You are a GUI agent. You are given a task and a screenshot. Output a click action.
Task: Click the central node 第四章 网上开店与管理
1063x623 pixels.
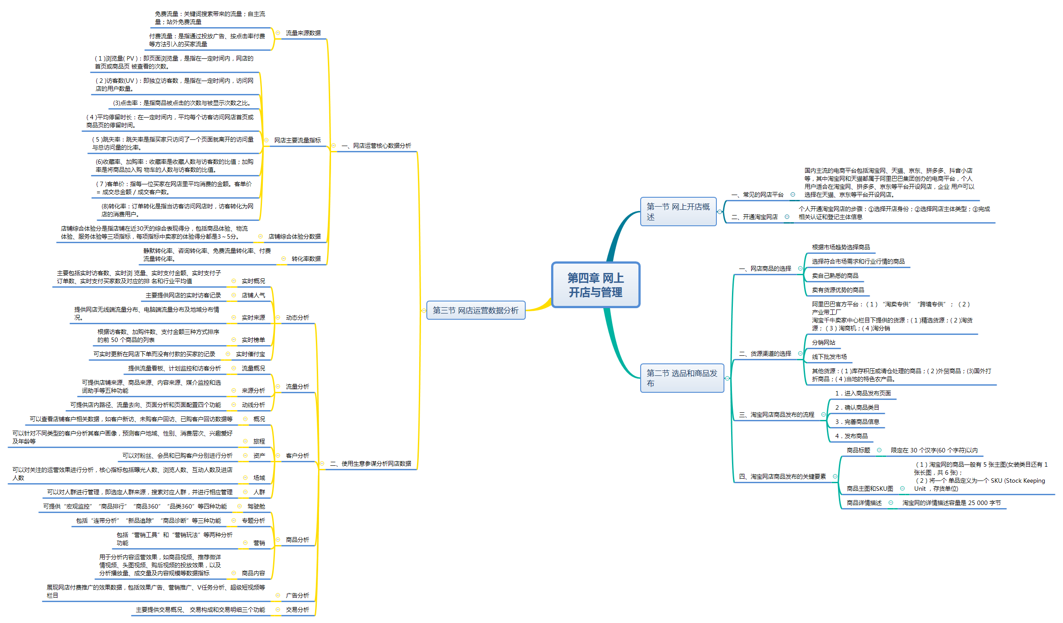point(595,285)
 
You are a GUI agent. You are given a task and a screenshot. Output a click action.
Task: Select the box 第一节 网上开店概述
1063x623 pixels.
point(678,212)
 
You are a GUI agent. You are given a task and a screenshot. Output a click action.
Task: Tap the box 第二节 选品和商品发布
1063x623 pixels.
point(682,378)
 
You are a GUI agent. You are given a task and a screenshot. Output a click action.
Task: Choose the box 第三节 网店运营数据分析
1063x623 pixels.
point(475,310)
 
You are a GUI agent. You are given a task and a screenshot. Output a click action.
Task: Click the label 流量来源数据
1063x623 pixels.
point(303,33)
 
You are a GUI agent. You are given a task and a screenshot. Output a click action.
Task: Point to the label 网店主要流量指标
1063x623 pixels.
point(297,140)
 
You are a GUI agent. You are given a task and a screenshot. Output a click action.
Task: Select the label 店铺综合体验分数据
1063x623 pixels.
point(294,236)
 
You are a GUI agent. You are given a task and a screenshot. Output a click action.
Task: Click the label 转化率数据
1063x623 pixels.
point(306,259)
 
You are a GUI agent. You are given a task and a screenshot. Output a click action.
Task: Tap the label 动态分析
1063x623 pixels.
point(297,318)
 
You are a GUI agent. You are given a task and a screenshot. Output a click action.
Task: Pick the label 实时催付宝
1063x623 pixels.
point(250,354)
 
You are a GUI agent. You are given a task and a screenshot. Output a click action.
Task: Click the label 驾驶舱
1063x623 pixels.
point(256,506)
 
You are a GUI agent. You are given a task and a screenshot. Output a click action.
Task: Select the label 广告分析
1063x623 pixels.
point(297,595)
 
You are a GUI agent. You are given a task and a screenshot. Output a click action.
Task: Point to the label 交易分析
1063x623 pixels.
point(297,610)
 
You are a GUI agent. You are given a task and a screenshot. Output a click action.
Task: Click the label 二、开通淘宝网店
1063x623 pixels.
point(754,217)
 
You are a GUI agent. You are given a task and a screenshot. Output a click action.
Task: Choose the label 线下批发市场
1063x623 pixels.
point(829,357)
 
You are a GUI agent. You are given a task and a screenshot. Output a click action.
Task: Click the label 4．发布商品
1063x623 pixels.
point(851,436)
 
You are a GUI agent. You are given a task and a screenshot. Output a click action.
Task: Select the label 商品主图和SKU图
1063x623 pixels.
point(870,489)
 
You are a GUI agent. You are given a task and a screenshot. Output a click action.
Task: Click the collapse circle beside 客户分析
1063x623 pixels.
point(278,456)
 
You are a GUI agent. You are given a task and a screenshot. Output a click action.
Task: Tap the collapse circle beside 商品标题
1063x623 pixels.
point(879,450)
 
